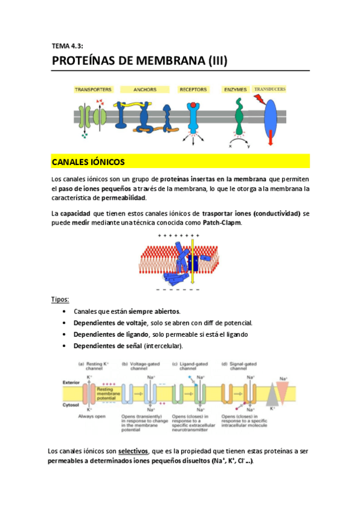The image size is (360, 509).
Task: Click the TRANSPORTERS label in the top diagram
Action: click(92, 90)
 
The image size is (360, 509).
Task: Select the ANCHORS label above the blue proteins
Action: click(145, 90)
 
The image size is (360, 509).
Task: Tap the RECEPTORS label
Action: click(193, 90)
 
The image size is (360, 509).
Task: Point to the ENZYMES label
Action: click(236, 90)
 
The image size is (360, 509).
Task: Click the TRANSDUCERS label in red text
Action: click(270, 89)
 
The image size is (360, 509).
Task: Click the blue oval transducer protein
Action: click(271, 116)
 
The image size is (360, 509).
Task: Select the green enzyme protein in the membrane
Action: click(239, 118)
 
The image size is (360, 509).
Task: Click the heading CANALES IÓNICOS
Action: click(88, 161)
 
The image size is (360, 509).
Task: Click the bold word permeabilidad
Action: click(125, 198)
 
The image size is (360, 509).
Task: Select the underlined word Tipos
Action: click(60, 299)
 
